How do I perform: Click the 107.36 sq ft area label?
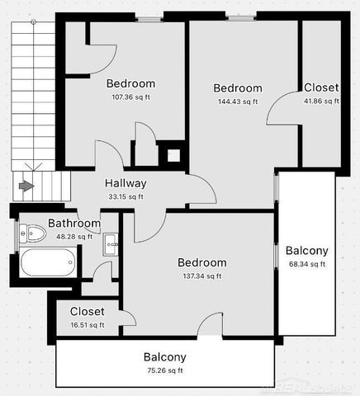[130, 97]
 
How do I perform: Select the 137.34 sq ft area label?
[202, 276]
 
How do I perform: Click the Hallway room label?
[126, 183]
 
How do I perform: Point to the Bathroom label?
[74, 223]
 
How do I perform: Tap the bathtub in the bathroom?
[47, 263]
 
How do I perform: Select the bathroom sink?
[111, 242]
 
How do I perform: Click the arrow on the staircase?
[26, 186]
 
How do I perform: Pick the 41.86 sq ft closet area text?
[320, 101]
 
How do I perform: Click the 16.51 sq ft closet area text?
[87, 325]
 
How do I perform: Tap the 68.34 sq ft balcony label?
[307, 264]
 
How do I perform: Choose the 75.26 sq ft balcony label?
[165, 371]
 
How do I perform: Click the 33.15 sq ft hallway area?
[126, 196]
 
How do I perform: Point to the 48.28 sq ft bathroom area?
[74, 236]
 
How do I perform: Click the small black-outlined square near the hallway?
[173, 154]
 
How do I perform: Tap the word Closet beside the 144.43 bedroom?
[320, 87]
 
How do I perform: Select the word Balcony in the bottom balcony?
[165, 357]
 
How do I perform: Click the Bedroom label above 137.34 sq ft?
[202, 262]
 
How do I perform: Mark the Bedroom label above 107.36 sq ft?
[130, 82]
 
